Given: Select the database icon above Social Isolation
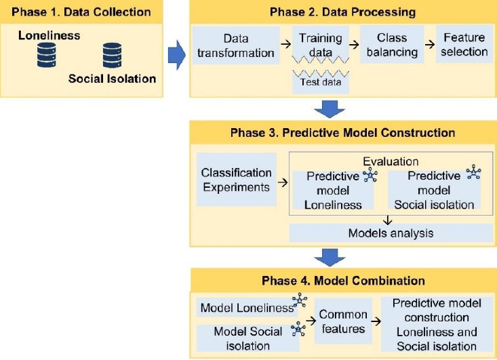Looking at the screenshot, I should tap(112, 55).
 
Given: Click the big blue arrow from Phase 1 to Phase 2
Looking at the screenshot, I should tap(176, 54).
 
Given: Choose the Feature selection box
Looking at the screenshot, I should tap(464, 44).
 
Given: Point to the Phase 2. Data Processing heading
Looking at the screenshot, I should tap(342, 12).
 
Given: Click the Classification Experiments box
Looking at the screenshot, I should tap(235, 180).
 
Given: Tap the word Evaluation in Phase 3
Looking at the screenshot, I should tap(391, 162).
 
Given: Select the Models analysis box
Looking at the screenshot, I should tap(391, 233).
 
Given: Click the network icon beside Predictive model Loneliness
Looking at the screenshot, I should tap(370, 176).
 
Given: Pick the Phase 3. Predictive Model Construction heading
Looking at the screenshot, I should tap(342, 132).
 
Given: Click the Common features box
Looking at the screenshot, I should tap(343, 322).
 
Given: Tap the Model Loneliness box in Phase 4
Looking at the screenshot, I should tap(244, 308).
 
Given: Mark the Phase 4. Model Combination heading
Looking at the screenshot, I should tap(342, 281).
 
